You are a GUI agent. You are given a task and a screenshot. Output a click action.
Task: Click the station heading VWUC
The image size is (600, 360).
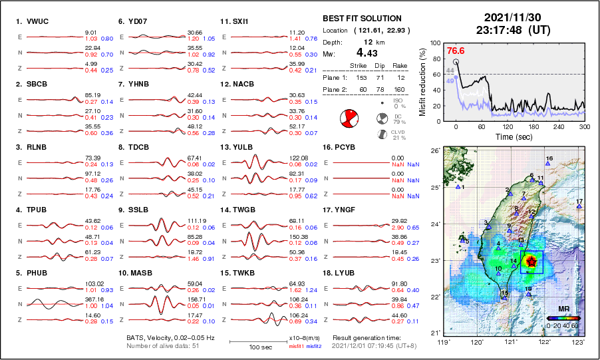(x=29, y=21)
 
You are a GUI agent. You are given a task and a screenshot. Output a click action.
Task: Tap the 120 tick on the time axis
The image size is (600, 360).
(x=508, y=126)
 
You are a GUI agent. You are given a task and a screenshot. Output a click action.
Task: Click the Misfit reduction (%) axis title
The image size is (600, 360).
(x=422, y=81)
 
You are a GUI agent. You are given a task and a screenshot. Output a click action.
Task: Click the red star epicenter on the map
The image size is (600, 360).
(x=531, y=262)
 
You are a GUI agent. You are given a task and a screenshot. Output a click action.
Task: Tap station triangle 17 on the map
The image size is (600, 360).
(x=579, y=206)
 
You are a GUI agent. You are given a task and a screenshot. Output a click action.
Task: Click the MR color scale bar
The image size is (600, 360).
(x=563, y=318)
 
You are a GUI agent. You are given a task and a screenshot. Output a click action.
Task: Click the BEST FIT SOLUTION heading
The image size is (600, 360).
(x=361, y=18)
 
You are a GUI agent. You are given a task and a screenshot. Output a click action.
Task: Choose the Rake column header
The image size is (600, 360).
(x=399, y=65)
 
